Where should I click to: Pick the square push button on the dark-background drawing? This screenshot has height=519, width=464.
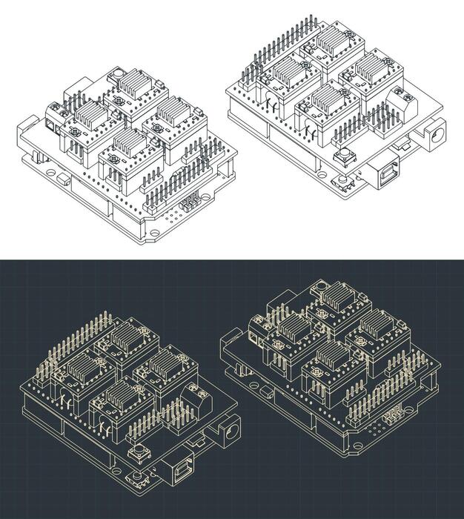click(x=138, y=453)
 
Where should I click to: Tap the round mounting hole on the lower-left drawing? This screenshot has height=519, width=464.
click(x=137, y=492)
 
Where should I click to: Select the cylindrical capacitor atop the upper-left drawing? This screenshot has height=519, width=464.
click(x=117, y=73)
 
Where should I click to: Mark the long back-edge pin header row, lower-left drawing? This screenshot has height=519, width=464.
click(x=79, y=334)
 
